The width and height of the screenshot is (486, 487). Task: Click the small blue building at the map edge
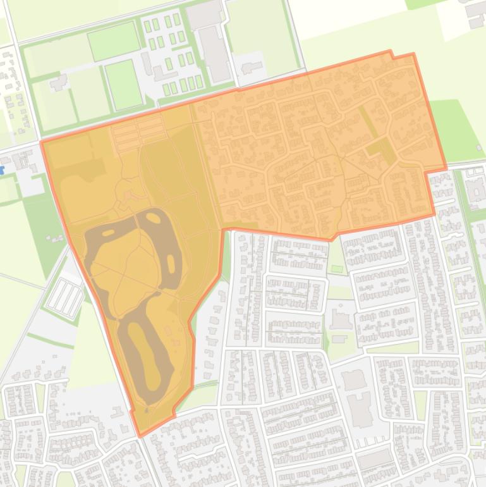point(2,170)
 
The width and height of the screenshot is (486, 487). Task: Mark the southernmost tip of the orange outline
point(140,436)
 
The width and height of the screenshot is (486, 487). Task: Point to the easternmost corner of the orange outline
point(446,169)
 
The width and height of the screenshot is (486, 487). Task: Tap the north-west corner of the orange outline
point(42,142)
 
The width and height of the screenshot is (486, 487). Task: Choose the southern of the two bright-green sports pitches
point(123,84)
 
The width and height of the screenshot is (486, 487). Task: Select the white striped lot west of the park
point(65,299)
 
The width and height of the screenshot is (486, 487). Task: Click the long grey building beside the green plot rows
point(215,54)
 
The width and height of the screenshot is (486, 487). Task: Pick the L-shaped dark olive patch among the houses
point(381,151)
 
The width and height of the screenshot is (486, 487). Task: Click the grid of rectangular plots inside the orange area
point(138,133)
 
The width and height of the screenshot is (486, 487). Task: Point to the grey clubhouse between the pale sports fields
point(59,82)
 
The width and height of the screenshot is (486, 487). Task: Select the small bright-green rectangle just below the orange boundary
point(337,269)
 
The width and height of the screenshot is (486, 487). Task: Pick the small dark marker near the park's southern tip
point(146,410)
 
